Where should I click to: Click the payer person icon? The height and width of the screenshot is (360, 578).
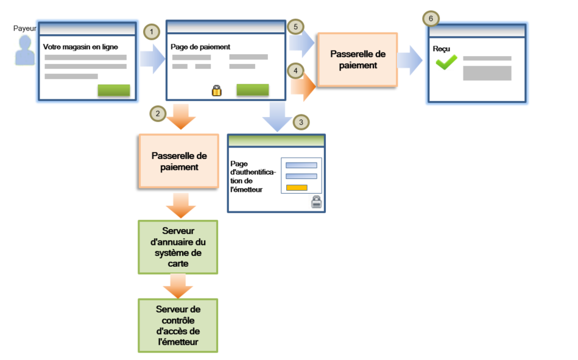click(x=26, y=51)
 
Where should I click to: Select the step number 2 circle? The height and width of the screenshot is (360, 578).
click(x=157, y=113)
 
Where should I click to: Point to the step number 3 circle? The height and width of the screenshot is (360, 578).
click(x=299, y=122)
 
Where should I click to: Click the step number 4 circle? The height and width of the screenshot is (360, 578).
click(x=295, y=71)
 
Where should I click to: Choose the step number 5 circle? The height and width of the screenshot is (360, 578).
click(x=295, y=27)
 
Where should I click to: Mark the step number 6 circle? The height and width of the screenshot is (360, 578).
click(x=431, y=19)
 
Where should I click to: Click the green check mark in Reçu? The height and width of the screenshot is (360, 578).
click(x=446, y=62)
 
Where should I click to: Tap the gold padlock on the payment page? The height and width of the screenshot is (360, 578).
click(x=216, y=91)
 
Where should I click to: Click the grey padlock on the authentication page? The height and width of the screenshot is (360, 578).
click(x=316, y=202)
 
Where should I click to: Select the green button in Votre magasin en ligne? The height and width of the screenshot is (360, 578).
click(x=114, y=90)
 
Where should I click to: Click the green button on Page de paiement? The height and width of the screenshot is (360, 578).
click(x=252, y=90)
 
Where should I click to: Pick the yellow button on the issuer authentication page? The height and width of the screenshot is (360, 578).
click(x=297, y=187)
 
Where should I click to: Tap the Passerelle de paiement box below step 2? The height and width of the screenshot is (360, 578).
click(x=179, y=161)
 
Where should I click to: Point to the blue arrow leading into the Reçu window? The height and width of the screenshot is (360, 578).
click(x=411, y=60)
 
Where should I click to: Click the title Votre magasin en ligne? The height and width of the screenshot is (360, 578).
click(x=81, y=46)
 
